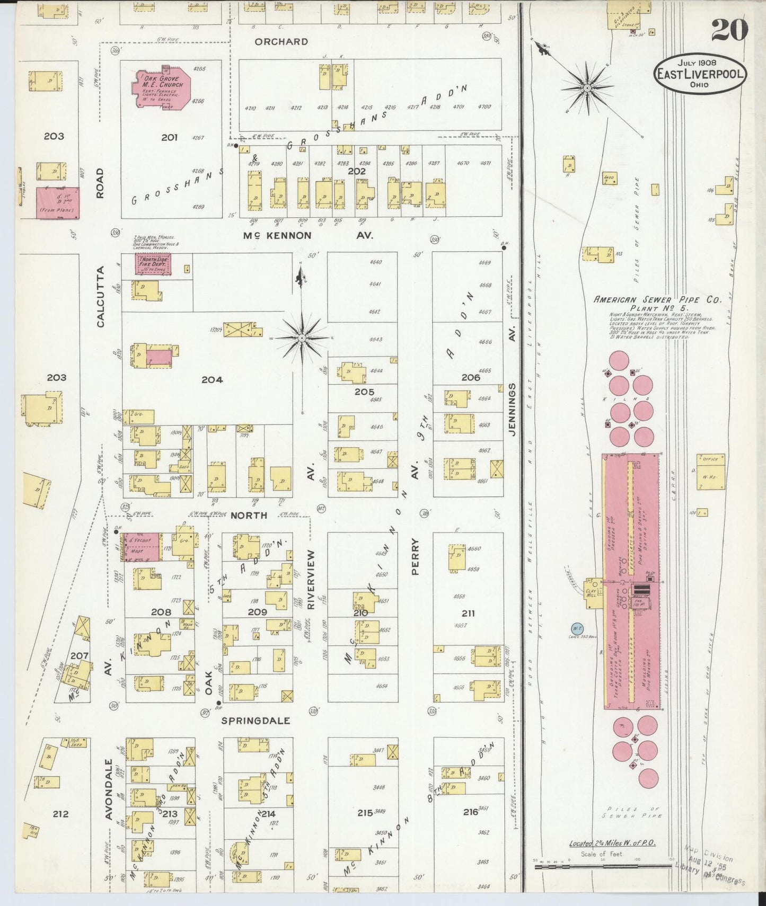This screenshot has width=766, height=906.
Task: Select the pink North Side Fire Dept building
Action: click(x=153, y=264)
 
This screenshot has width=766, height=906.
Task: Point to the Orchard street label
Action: click(x=281, y=42)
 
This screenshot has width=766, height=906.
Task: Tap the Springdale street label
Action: click(x=256, y=721)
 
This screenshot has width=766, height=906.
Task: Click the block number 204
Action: click(x=212, y=379)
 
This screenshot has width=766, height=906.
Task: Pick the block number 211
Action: click(x=468, y=614)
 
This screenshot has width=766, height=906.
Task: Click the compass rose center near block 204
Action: click(x=301, y=337)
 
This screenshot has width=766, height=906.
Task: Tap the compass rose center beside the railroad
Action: click(x=587, y=86)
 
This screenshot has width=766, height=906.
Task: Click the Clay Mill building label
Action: click(x=592, y=591)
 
